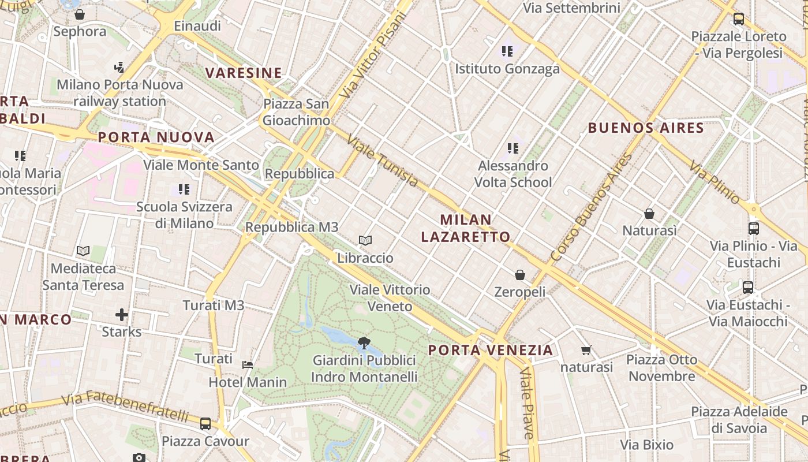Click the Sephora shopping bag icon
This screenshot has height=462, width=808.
(80, 14)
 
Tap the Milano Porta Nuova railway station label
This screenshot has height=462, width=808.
(120, 93)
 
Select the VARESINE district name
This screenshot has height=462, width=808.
(244, 73)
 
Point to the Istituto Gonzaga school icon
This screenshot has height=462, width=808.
(507, 51)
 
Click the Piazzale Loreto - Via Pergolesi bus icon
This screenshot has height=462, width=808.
(738, 19)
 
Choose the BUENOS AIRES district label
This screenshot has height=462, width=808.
(646, 128)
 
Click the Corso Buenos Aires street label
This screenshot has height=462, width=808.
(591, 207)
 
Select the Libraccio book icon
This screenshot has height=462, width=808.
(365, 240)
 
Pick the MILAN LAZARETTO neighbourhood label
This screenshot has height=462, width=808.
(466, 228)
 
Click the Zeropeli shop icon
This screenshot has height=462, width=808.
(520, 274)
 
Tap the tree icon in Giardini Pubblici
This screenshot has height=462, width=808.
(364, 343)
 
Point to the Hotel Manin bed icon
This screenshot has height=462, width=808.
(248, 364)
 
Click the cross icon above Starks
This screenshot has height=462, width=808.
(121, 315)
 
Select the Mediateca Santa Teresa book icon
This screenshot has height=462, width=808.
(83, 251)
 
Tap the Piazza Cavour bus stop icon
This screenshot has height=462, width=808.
(205, 424)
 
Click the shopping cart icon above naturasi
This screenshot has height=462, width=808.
(586, 350)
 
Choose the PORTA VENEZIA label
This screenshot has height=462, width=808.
(491, 350)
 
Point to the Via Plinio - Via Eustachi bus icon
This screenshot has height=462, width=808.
(753, 228)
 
